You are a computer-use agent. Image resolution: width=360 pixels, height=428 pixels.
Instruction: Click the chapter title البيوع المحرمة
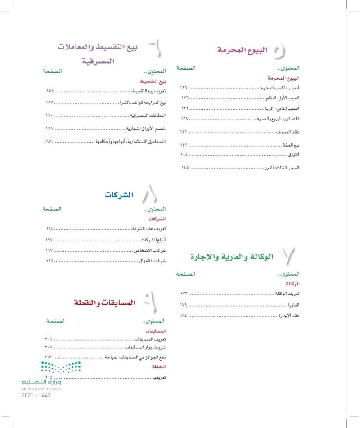[241, 49]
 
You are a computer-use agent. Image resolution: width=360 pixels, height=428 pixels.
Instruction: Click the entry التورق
[293, 155]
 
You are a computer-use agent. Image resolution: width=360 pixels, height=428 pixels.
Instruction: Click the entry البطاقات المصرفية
[148, 116]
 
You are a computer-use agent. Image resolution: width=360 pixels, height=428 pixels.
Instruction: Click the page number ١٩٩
[49, 260]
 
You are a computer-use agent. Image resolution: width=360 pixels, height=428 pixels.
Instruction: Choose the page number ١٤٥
[184, 168]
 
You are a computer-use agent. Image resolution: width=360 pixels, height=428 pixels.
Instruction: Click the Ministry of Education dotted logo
[61, 368]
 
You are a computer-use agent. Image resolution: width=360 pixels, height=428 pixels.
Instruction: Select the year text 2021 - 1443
[36, 395]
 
